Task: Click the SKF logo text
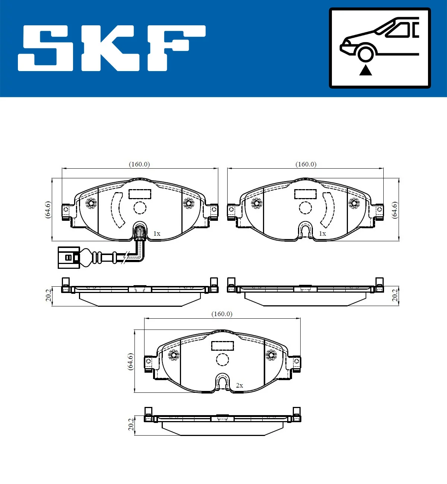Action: tap(112, 48)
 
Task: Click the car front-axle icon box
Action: tap(380, 48)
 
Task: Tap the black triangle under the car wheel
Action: tap(365, 70)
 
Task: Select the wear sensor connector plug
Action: tap(69, 257)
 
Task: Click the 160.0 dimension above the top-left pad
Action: tap(139, 164)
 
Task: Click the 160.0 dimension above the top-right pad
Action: tap(306, 164)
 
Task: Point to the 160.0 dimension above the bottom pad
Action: tap(222, 314)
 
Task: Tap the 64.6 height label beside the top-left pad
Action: tap(48, 210)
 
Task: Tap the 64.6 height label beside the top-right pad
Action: tap(395, 210)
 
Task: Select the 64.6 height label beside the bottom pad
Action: tap(130, 361)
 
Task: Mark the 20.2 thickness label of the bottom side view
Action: tap(131, 424)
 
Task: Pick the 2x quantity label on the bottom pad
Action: tap(240, 385)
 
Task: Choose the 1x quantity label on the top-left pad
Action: tap(157, 233)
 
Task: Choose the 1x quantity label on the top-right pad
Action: tap(323, 233)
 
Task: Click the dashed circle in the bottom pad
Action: tap(223, 359)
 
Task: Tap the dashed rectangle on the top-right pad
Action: tap(305, 194)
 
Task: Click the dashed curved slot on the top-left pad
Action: tap(117, 210)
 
